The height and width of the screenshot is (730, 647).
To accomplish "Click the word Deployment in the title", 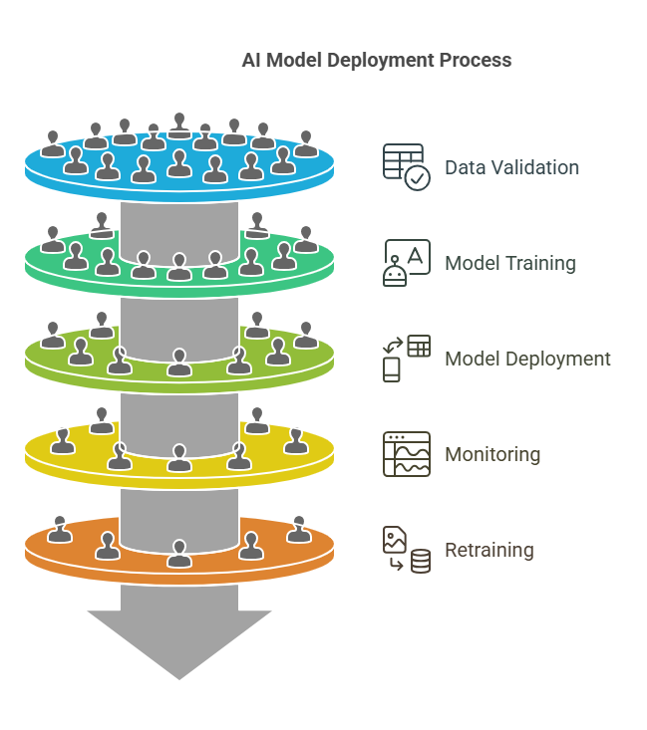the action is click(381, 61).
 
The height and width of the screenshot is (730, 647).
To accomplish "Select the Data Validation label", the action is click(511, 167).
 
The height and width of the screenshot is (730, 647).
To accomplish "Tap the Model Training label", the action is click(510, 264).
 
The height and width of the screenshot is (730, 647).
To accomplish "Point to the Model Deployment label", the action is click(527, 359).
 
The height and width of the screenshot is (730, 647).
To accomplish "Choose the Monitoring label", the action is click(492, 454).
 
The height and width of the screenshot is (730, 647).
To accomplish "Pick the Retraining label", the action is click(489, 550).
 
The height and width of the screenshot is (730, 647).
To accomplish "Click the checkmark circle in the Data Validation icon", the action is click(417, 178).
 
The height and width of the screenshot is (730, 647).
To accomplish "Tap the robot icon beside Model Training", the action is click(395, 272).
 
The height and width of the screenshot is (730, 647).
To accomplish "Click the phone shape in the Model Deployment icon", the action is click(392, 369).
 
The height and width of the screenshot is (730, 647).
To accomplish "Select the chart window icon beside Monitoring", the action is click(407, 454).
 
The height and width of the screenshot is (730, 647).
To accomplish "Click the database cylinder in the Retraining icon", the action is click(421, 561).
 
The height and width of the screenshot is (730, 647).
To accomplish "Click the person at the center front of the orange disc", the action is click(179, 553).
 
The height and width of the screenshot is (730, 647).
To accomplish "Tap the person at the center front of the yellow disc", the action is click(179, 458).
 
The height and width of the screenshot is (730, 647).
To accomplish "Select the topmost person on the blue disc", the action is click(179, 125).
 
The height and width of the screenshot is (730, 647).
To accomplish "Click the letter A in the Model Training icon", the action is click(415, 256).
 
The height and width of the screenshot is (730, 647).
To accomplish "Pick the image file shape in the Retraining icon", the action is click(395, 540).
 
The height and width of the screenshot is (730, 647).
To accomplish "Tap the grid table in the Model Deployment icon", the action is click(419, 346).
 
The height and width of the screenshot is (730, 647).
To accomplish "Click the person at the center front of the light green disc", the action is click(179, 363).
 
